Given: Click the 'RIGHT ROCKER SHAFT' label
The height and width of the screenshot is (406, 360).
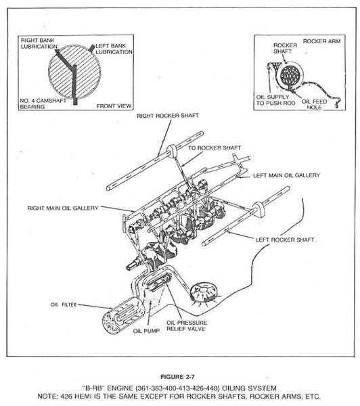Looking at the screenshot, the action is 168,116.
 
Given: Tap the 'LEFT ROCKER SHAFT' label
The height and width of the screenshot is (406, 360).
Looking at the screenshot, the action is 285,240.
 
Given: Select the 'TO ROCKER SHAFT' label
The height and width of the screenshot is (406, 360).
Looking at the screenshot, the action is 215,148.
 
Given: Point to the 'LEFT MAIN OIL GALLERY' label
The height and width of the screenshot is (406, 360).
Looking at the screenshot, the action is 286,175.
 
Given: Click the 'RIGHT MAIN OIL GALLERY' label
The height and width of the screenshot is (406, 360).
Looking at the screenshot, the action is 63,208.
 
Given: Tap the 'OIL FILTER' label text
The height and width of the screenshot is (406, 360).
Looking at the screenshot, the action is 64,304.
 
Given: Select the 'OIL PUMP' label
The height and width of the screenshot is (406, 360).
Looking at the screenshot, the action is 146,331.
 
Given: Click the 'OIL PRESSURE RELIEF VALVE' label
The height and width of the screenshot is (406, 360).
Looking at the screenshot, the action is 187,325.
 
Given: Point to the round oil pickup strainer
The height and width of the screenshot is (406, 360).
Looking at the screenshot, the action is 204,292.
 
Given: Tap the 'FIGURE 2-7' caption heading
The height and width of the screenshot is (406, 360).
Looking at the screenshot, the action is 177,377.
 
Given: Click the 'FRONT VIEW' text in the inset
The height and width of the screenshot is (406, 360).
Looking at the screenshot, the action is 114,106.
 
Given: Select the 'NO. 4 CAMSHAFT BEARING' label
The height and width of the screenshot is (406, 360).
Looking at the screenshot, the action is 43,104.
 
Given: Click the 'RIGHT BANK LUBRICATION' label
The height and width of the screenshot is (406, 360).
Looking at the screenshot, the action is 39,43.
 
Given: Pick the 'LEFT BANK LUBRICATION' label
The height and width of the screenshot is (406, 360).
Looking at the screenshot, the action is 114,49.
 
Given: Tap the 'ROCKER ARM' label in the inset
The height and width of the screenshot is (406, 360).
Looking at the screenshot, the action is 321,41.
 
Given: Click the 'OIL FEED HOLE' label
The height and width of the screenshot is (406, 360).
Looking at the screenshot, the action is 314,104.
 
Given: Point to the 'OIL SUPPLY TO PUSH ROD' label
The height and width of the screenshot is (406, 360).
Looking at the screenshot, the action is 275,100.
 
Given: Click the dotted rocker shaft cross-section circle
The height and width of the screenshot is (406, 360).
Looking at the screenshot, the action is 290,75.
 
